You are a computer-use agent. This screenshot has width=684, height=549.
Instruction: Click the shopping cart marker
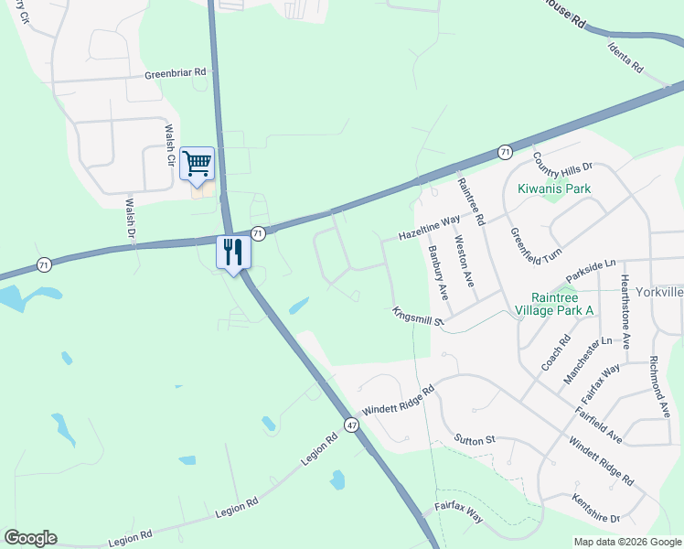197,164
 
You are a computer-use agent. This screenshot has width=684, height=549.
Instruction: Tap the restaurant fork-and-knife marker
232,251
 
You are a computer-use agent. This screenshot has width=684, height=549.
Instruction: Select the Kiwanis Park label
554,189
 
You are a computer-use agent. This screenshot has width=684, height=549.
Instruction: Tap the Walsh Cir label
169,145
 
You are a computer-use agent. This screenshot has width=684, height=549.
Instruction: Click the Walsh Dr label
130,220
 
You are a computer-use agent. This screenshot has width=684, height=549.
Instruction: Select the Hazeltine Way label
428,228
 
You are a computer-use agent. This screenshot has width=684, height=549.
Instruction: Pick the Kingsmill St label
417,317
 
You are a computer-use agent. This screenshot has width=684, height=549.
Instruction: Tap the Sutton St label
475,440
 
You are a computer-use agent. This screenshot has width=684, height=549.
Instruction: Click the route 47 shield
351,425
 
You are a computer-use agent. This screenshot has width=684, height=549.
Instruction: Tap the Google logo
30,538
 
